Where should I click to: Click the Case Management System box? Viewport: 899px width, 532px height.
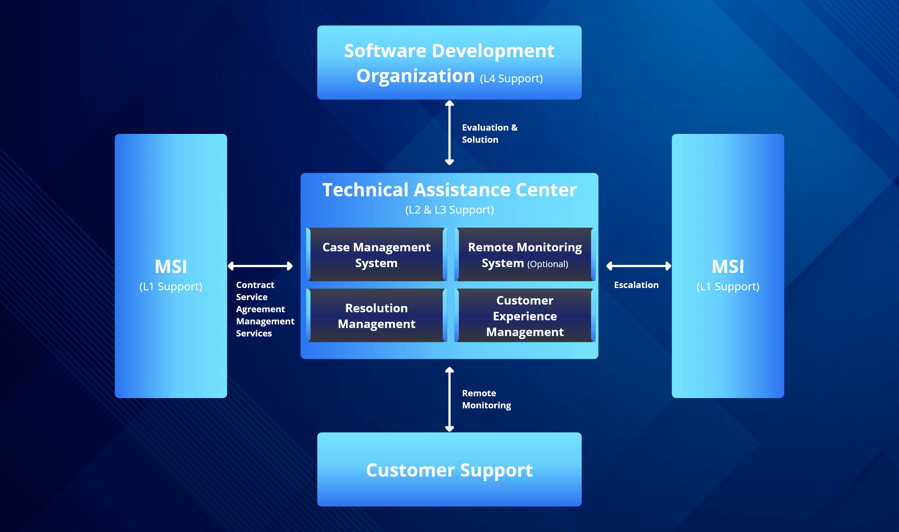[376, 255]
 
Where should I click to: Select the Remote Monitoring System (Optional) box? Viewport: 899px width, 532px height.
[525, 255]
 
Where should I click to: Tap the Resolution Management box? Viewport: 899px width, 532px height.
[376, 316]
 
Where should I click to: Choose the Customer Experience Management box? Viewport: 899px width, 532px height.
[525, 316]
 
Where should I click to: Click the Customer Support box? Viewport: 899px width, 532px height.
[449, 470]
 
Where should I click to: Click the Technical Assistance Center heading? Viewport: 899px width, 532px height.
[449, 190]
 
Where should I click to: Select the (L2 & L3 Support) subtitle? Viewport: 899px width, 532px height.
[449, 210]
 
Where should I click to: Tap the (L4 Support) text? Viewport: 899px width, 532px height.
[511, 79]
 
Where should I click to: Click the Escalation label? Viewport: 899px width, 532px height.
[636, 285]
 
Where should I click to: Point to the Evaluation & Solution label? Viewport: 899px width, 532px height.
[489, 134]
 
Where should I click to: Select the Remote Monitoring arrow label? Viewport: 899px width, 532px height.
[486, 399]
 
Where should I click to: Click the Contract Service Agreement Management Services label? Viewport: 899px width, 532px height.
[264, 309]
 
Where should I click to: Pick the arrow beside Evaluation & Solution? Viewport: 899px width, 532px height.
[450, 133]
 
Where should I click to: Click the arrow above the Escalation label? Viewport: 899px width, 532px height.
[639, 266]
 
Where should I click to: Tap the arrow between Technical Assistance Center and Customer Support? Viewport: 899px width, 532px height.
[450, 399]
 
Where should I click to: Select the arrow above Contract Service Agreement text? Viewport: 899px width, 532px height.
[260, 266]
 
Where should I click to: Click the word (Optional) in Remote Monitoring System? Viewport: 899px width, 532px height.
[548, 264]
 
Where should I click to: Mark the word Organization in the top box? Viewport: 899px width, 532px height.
[415, 76]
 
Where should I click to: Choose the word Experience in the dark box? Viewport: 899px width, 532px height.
[525, 316]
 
